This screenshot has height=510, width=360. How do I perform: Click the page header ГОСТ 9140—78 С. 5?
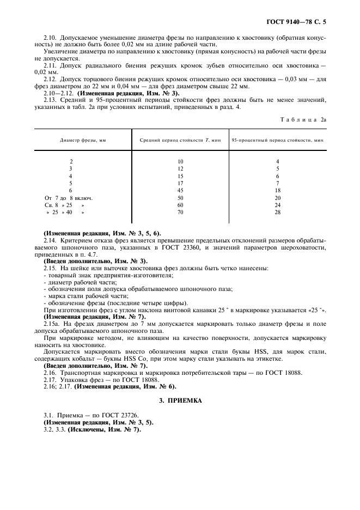pyautogui.click(x=299, y=22)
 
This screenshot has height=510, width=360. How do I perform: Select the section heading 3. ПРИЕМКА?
pyautogui.click(x=180, y=400)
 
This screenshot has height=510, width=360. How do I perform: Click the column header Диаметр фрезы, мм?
pyautogui.click(x=83, y=140)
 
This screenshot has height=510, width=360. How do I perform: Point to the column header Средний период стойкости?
pyautogui.click(x=180, y=140)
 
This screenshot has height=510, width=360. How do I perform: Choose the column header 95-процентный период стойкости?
pyautogui.click(x=277, y=140)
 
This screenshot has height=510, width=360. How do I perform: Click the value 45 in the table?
pyautogui.click(x=180, y=191)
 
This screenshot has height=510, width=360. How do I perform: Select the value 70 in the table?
pyautogui.click(x=180, y=212)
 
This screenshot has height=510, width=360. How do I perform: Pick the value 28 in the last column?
pyautogui.click(x=277, y=212)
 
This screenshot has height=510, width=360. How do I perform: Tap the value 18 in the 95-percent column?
pyautogui.click(x=277, y=191)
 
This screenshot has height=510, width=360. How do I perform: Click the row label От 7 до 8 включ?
pyautogui.click(x=68, y=198)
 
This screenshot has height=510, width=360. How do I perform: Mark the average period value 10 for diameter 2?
pyautogui.click(x=180, y=162)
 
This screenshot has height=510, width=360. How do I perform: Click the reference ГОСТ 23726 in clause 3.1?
pyautogui.click(x=122, y=415)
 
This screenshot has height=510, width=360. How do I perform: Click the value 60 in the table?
pyautogui.click(x=180, y=205)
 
